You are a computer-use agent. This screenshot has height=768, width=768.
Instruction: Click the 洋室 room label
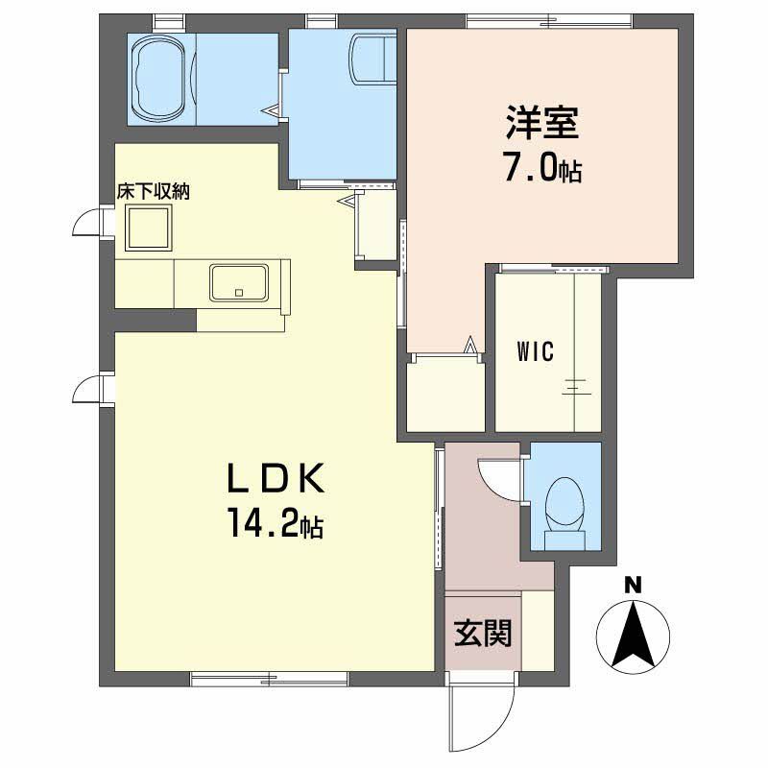click(x=541, y=126)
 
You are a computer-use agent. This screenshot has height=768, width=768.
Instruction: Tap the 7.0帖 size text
click(x=541, y=170)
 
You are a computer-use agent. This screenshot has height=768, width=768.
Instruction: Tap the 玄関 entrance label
click(x=483, y=633)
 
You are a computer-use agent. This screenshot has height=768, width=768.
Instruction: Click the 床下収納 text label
click(x=154, y=191)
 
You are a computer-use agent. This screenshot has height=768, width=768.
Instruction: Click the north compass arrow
click(x=633, y=634)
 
